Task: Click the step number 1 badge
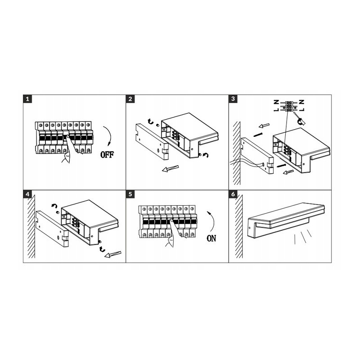point(27,99)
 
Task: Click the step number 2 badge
point(130,99)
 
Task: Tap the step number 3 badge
point(233,99)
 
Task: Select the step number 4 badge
point(27,194)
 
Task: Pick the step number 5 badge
point(130,194)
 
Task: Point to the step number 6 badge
point(233,194)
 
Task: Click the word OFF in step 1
point(107,155)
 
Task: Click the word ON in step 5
point(211,238)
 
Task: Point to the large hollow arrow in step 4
point(112,254)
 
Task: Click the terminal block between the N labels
point(289,106)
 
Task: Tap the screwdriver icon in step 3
point(299,119)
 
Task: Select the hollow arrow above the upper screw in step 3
point(264,126)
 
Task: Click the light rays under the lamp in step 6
point(303,237)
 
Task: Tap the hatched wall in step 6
point(239,226)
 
